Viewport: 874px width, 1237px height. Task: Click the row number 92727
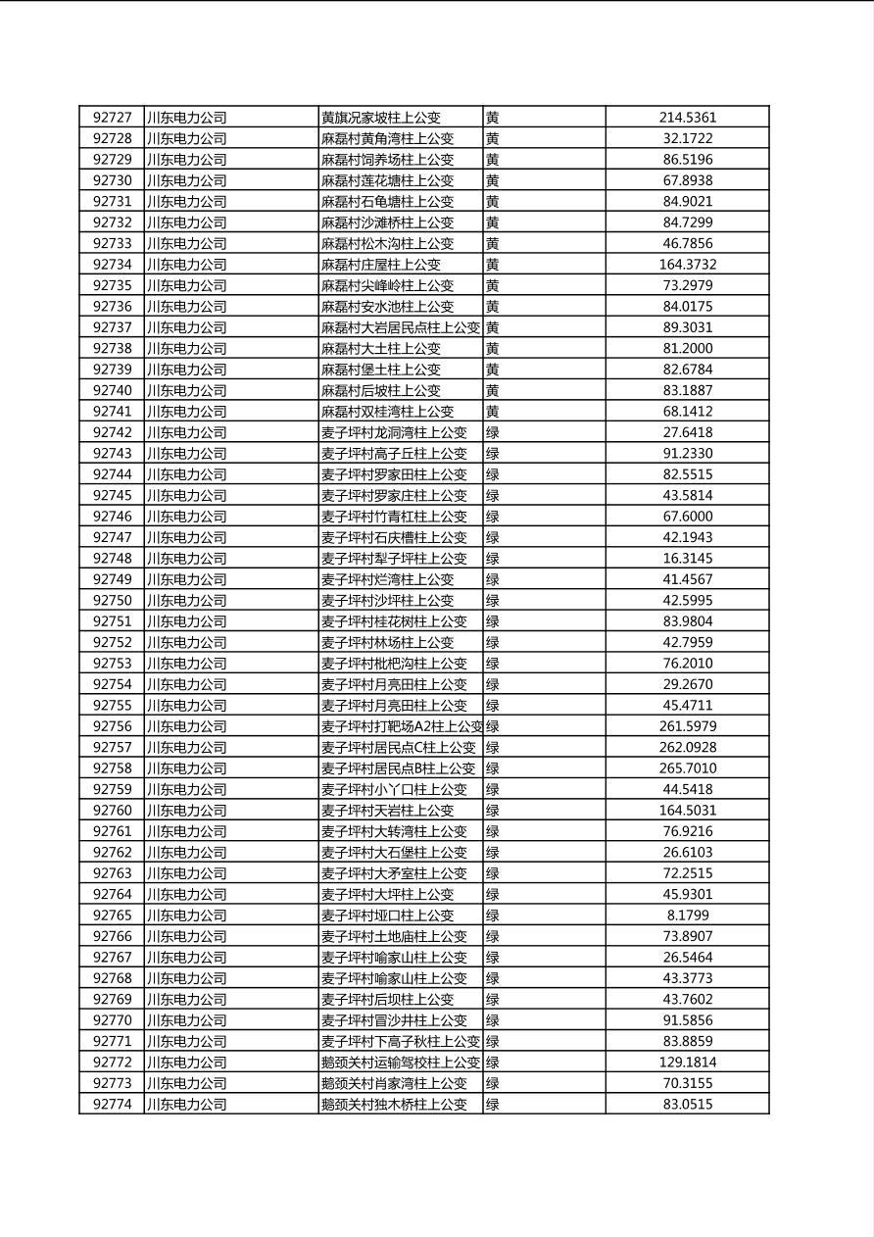click(112, 118)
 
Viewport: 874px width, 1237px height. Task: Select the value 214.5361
click(687, 118)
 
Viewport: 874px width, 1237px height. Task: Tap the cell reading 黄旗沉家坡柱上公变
click(381, 118)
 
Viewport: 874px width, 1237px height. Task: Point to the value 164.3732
click(687, 265)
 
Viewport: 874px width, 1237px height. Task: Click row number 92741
click(112, 412)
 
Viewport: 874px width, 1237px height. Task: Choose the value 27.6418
click(687, 432)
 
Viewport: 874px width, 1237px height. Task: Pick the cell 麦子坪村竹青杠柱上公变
click(394, 517)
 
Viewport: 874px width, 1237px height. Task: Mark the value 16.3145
click(687, 559)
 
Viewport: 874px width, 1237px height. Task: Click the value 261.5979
click(687, 726)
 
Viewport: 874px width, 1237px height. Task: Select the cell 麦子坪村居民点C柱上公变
click(398, 748)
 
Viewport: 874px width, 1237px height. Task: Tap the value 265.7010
click(687, 768)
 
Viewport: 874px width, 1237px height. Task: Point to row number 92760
click(112, 811)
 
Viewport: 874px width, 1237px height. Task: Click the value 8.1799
click(687, 915)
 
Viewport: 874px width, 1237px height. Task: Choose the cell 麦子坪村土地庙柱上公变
click(394, 936)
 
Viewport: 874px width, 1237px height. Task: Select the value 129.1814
click(687, 1063)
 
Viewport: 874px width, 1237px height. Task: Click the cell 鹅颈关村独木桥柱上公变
click(394, 1105)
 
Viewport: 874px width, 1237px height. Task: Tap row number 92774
click(112, 1105)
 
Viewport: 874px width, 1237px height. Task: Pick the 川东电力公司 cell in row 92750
click(186, 601)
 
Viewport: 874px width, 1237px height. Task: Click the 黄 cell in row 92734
click(492, 265)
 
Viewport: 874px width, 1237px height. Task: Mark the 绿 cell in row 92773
click(492, 1083)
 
